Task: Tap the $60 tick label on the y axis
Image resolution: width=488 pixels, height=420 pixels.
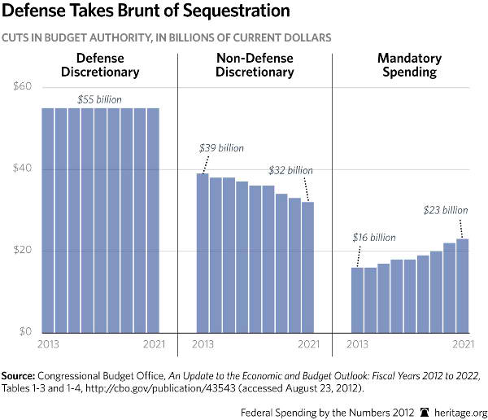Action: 21,87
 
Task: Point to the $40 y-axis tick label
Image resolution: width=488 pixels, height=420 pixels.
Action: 21,169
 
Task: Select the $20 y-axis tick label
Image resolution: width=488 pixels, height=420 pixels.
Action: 21,251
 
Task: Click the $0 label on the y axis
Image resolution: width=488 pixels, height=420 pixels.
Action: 24,332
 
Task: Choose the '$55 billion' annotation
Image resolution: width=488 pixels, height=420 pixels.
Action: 100,98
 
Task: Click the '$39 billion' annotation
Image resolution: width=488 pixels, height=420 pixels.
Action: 221,148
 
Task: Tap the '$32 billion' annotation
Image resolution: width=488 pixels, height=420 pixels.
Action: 290,170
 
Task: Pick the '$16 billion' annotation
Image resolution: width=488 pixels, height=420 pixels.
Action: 373,238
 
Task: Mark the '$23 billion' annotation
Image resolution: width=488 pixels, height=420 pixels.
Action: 446,210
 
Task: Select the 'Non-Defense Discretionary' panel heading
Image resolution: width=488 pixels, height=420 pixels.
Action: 255,65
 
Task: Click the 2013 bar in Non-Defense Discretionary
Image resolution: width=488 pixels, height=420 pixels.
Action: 203,252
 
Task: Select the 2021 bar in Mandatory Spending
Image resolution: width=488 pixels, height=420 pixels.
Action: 463,285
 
